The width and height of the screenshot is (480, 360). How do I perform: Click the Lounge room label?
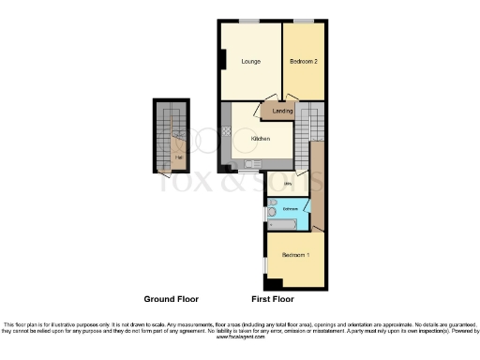coord(250,62)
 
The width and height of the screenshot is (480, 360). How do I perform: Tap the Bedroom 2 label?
coord(304,62)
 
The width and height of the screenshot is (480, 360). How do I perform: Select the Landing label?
coord(281,112)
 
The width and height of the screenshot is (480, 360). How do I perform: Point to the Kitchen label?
coord(260,139)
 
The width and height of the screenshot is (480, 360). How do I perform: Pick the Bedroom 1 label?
coord(296,256)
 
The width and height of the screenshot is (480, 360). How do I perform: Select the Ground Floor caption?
coord(172,300)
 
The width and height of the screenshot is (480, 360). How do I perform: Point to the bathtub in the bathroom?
coord(282,224)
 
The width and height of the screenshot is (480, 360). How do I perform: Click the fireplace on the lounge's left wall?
coord(221,59)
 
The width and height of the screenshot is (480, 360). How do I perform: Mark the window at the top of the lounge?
coord(249,21)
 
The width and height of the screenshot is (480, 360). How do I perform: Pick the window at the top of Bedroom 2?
coord(304,21)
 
